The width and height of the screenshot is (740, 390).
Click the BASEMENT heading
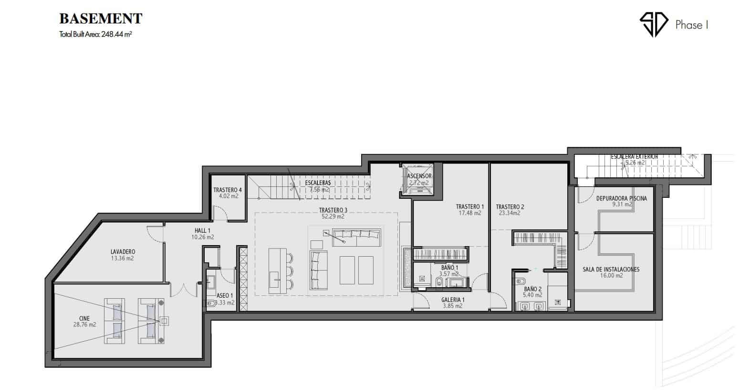click(101, 19)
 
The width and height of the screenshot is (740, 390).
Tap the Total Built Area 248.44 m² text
click(95, 34)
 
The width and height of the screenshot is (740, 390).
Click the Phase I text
click(691, 25)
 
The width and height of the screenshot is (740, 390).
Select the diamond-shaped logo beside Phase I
click(654, 24)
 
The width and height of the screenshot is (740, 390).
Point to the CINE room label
click(84, 318)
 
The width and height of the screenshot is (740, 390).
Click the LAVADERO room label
click(123, 252)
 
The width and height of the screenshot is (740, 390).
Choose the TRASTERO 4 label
click(228, 190)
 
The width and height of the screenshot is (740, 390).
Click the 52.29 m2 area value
click(333, 217)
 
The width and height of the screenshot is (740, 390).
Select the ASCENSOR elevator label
click(419, 176)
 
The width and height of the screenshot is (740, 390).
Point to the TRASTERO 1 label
click(469, 206)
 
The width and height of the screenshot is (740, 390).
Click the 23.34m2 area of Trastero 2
click(510, 213)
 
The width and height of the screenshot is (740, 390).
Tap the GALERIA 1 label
click(453, 300)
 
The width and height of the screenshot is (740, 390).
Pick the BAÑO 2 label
click(532, 289)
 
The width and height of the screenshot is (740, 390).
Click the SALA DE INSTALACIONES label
click(611, 269)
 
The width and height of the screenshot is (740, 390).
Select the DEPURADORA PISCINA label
click(621, 198)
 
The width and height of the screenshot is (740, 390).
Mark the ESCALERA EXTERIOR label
click(635, 157)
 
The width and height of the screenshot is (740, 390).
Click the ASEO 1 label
click(225, 295)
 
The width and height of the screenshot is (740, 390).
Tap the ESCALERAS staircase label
click(318, 183)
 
